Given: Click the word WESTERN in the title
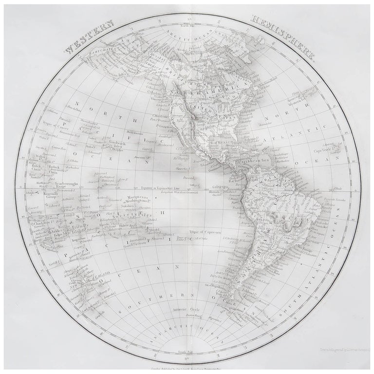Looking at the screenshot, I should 89,37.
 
